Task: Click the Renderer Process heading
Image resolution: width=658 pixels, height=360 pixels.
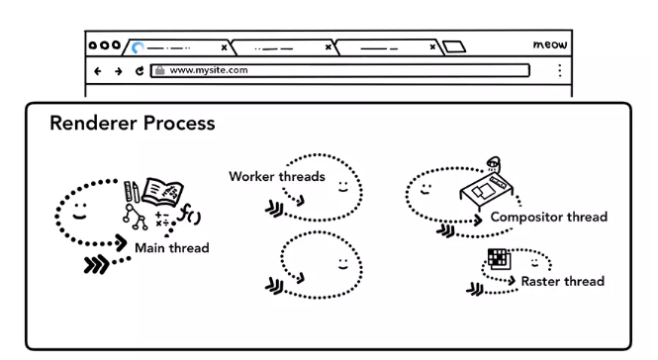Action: (x=133, y=124)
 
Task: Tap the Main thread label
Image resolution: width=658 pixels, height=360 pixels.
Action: (x=171, y=248)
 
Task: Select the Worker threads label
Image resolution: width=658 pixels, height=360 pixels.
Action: (x=277, y=176)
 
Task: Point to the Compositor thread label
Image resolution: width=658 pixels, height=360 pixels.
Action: (x=549, y=217)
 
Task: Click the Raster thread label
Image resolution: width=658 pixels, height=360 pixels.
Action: (x=563, y=281)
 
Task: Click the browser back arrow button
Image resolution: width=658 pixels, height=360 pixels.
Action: (x=97, y=71)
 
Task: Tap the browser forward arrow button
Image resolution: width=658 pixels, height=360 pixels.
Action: (x=119, y=71)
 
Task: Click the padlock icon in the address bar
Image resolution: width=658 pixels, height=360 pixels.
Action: (x=160, y=70)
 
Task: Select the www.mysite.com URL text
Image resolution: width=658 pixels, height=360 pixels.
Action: (x=209, y=70)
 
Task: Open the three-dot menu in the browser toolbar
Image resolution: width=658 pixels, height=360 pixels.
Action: (x=560, y=70)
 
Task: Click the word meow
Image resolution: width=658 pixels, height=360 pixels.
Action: (x=550, y=45)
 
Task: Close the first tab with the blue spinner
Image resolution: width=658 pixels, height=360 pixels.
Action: (x=224, y=47)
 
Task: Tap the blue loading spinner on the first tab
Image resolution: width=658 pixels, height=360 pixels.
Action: (x=138, y=47)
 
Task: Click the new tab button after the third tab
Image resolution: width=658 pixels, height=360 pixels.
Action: (x=454, y=46)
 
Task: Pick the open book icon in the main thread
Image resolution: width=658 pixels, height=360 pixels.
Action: (x=163, y=192)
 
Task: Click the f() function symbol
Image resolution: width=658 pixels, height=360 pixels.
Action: (x=189, y=214)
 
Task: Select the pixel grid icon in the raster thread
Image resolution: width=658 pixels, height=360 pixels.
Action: (x=499, y=258)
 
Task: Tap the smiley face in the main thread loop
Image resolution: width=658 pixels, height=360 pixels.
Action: (x=80, y=212)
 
